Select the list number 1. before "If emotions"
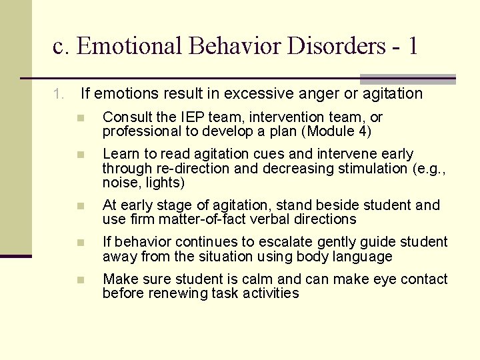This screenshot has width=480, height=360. click(59, 94)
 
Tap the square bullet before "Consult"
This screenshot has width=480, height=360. click(80, 118)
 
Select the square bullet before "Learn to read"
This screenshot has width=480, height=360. click(80, 155)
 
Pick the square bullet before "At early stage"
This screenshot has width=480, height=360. click(80, 205)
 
